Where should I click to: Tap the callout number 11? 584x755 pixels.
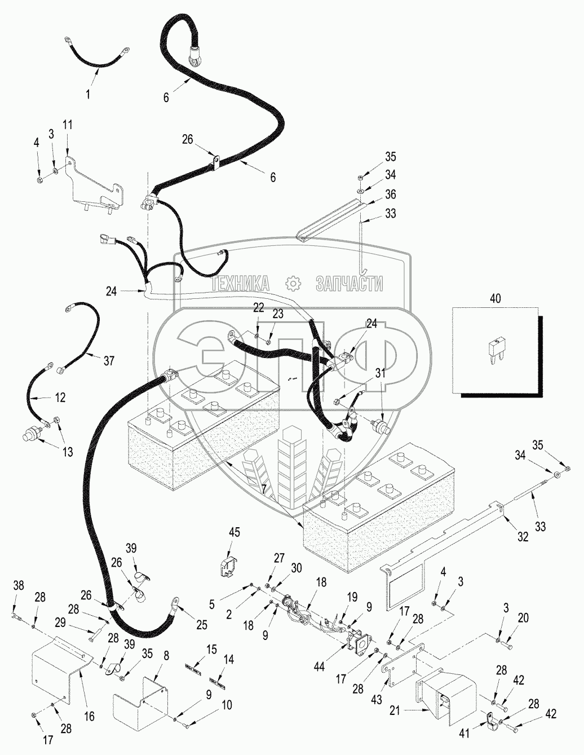pyautogui.click(x=68, y=125)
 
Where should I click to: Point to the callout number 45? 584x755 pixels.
pyautogui.click(x=234, y=532)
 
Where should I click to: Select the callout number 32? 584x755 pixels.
pyautogui.click(x=523, y=537)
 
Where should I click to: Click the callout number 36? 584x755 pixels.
pyautogui.click(x=390, y=194)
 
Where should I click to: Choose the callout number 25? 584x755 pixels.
pyautogui.click(x=202, y=625)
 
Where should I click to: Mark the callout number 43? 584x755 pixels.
pyautogui.click(x=377, y=699)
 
